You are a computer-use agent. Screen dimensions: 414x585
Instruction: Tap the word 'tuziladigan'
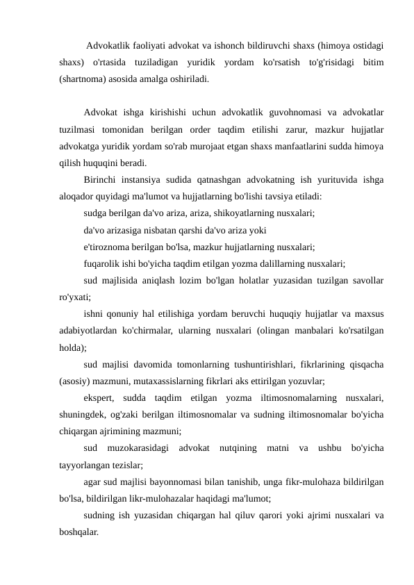(x=163, y=63)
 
